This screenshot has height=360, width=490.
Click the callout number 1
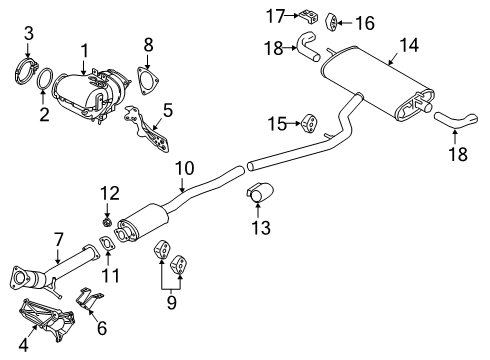(x=84, y=49)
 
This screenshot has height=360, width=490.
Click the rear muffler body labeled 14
(x=375, y=74)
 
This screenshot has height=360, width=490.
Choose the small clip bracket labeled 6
(x=89, y=297)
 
